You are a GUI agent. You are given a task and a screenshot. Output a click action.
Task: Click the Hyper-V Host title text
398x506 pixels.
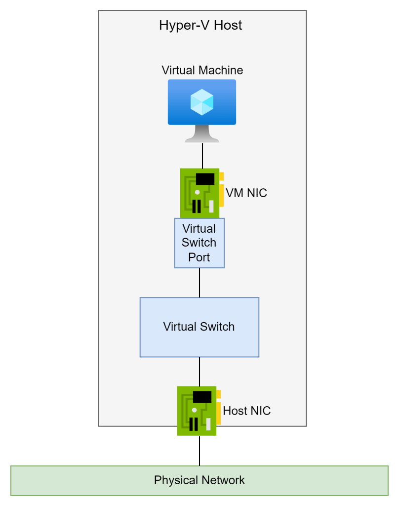click(200, 25)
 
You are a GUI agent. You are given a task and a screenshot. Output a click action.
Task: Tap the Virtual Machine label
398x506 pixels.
click(202, 70)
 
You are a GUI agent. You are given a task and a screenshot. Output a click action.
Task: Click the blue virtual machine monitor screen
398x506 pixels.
click(202, 102)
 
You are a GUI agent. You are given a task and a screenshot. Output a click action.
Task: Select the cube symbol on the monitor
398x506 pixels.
click(202, 102)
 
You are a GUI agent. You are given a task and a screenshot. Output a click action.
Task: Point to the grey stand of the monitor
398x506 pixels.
click(202, 134)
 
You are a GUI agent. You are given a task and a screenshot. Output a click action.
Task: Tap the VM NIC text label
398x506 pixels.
click(246, 193)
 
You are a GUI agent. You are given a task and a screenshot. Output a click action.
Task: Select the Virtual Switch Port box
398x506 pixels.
click(199, 243)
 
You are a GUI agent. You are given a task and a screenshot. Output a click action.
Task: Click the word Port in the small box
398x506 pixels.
click(199, 257)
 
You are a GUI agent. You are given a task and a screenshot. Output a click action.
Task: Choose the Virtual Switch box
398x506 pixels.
click(199, 327)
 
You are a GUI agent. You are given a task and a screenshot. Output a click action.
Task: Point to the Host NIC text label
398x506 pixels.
click(247, 411)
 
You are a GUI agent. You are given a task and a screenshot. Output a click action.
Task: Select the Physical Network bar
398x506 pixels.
click(199, 480)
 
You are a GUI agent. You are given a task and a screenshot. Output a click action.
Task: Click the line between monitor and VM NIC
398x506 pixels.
click(202, 156)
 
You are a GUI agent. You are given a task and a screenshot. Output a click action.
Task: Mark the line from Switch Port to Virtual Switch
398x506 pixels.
click(199, 283)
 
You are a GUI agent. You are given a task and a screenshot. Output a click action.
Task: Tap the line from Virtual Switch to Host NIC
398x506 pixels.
click(199, 371)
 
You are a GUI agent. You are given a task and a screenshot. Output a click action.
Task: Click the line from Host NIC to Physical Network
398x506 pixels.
click(199, 451)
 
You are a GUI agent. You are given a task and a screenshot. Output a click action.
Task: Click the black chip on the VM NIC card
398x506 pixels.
click(205, 178)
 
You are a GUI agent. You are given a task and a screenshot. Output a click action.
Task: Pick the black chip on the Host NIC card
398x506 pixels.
click(202, 396)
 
